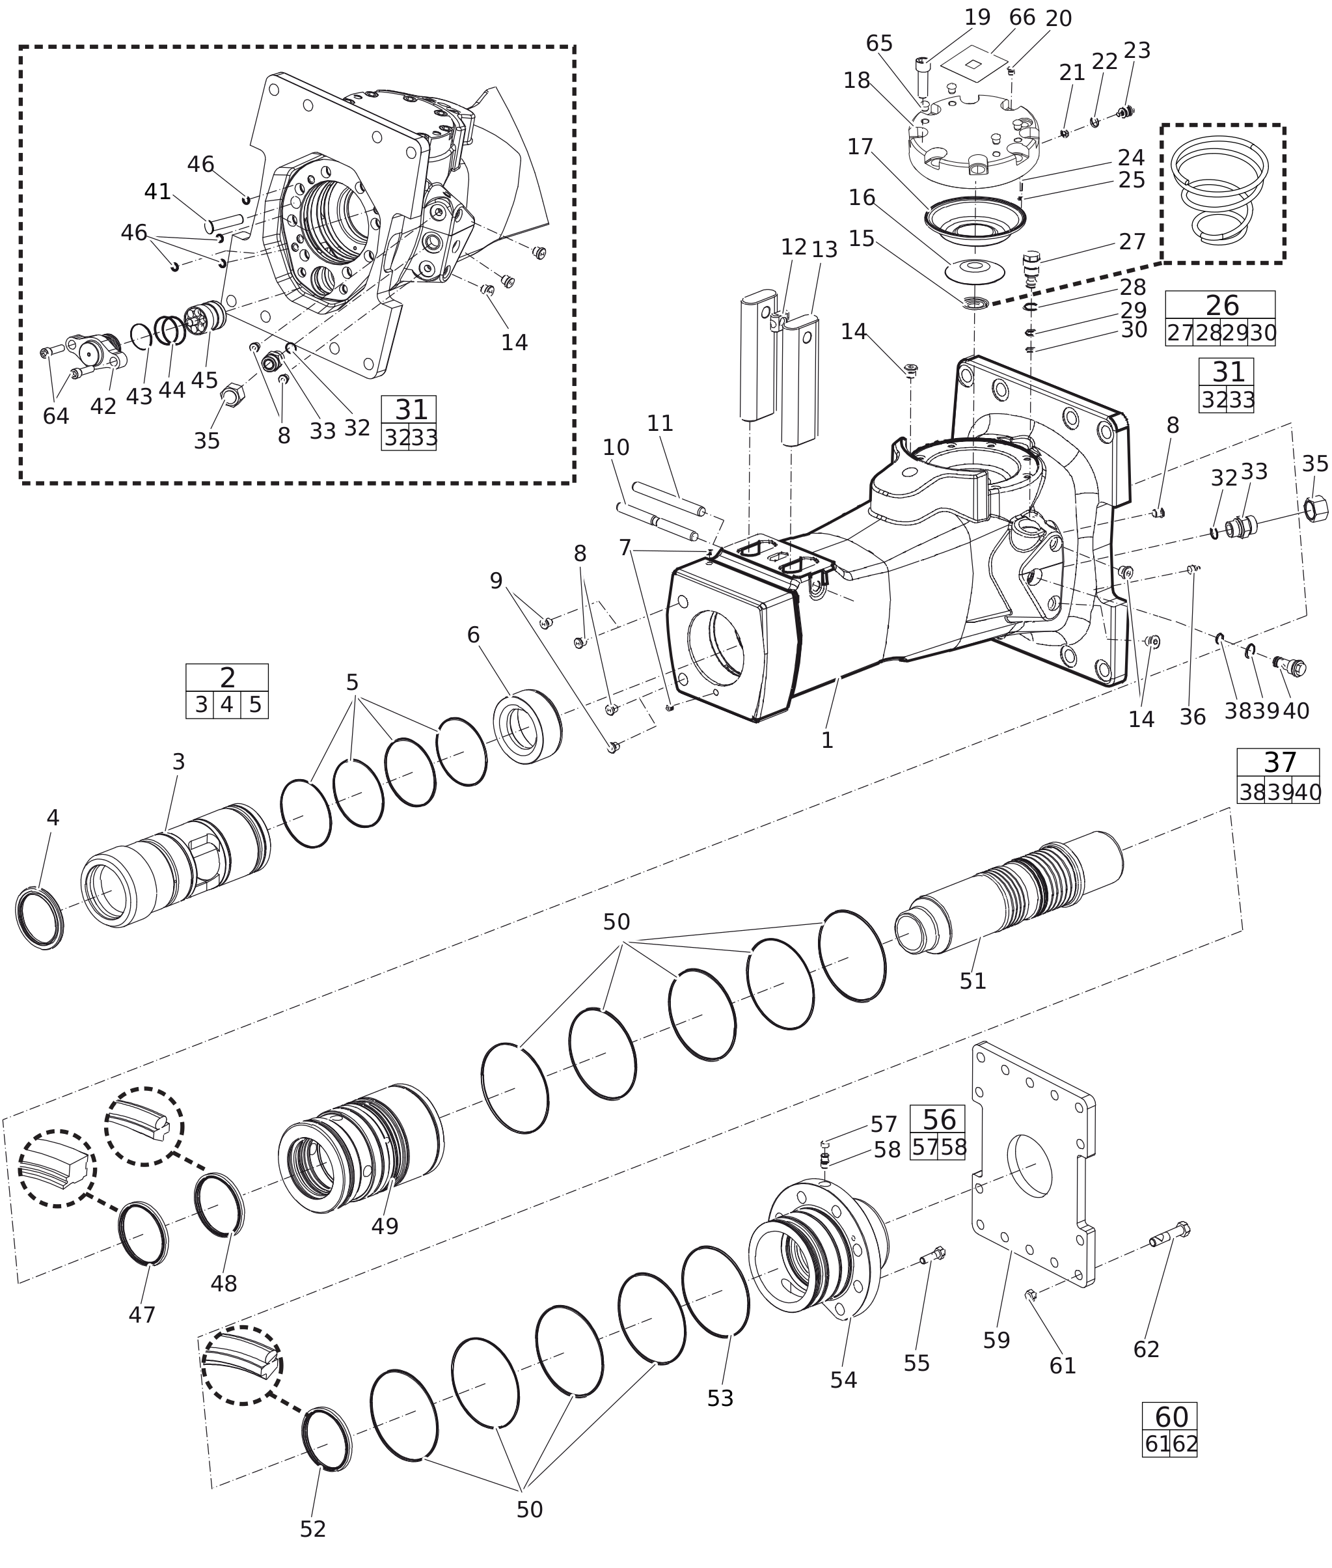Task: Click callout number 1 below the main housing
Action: [827, 740]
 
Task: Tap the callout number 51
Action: [973, 980]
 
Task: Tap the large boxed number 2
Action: [227, 678]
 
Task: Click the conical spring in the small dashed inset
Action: [1219, 190]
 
